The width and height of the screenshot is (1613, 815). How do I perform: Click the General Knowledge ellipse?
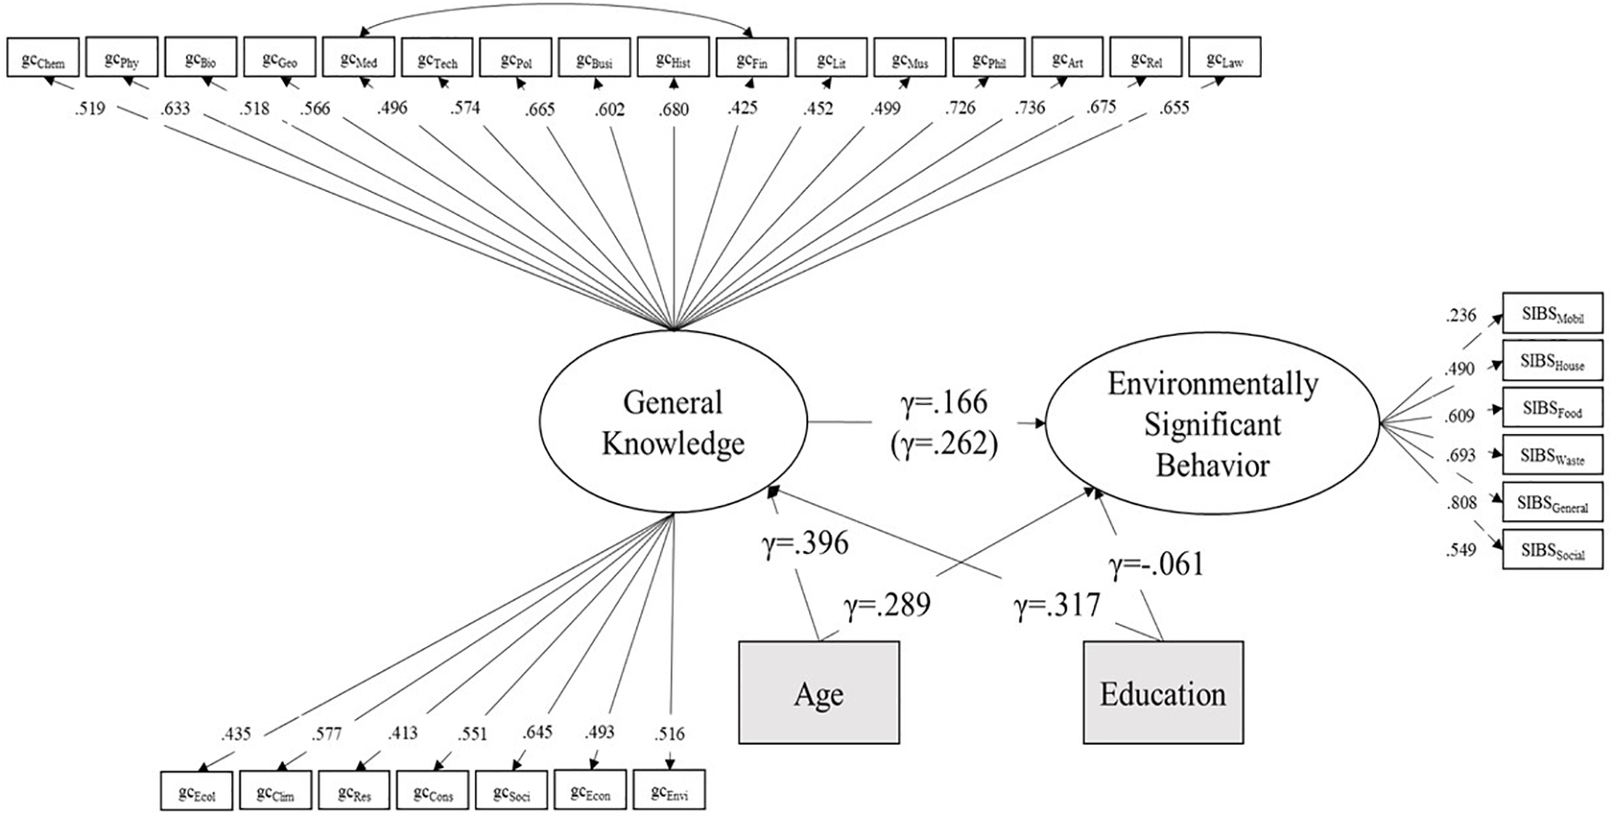pos(673,423)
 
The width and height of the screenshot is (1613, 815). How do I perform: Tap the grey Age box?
pos(818,692)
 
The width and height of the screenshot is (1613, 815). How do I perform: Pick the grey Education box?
pos(1162,692)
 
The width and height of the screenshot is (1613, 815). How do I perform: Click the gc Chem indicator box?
pos(43,57)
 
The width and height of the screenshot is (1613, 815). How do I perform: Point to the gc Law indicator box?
pos(1225,57)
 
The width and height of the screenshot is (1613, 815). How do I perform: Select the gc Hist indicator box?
pos(674,57)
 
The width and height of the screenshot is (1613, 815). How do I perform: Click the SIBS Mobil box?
pos(1552,313)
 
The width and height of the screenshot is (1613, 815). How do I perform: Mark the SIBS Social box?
pos(1552,549)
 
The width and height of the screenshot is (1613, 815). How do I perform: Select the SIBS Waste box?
pos(1552,455)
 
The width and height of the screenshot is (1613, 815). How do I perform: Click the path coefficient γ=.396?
pos(805,543)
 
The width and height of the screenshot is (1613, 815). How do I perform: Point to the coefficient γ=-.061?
pos(1156,563)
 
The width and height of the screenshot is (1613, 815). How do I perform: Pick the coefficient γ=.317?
pos(1057,606)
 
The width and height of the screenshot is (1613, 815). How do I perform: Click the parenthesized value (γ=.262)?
pos(943,443)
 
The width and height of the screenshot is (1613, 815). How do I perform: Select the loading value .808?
pos(1461,503)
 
